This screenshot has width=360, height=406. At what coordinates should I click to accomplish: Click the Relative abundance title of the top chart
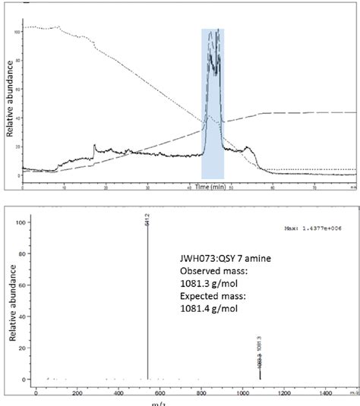point(10,103)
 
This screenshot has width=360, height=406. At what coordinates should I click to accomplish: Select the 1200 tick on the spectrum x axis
point(284,393)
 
